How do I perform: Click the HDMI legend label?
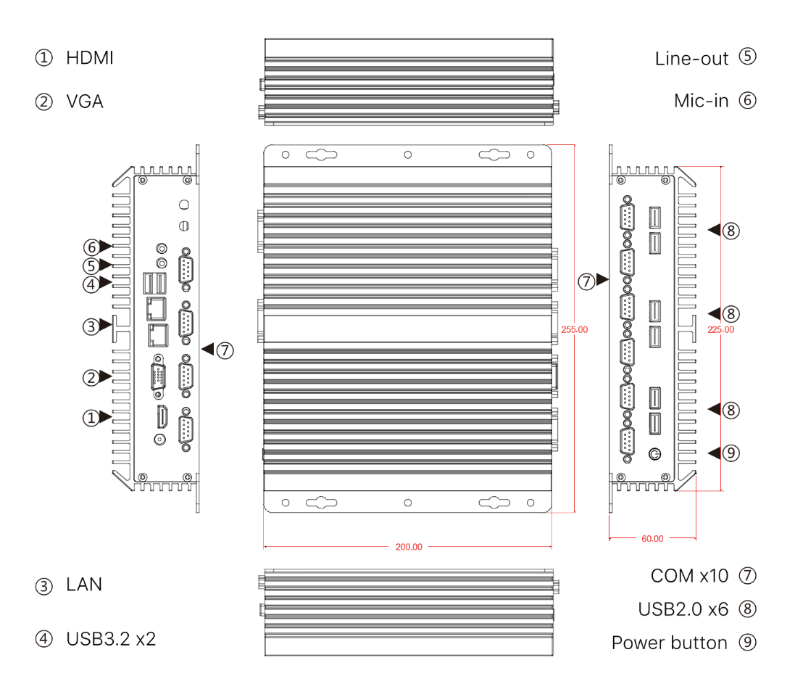[90, 58]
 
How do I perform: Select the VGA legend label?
[85, 101]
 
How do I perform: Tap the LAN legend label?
[84, 585]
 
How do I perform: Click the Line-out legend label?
[691, 58]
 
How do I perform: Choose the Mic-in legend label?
[701, 101]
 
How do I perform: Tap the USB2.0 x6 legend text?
[683, 609]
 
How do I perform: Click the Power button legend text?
[669, 643]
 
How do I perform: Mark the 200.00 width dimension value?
[409, 547]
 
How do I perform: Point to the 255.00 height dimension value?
[574, 329]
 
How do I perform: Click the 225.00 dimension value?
[720, 329]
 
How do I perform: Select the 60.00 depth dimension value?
[652, 539]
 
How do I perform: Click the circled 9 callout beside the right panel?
[731, 453]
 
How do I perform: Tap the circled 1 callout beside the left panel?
[91, 417]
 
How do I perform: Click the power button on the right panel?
[654, 454]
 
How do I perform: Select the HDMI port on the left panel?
[160, 417]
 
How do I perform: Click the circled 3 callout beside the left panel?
[91, 326]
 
